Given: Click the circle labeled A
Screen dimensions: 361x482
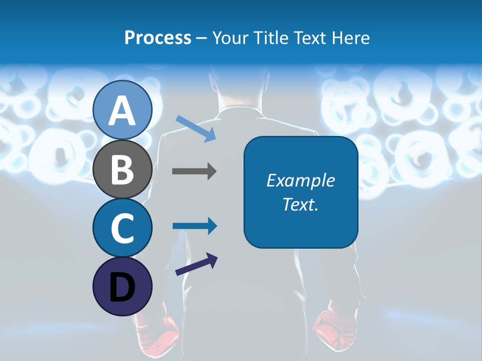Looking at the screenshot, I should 122,110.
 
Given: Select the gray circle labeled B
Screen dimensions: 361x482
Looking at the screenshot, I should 122,169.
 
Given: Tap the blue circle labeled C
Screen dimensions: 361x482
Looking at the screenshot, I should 122,228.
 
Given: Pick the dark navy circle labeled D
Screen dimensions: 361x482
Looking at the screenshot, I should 122,286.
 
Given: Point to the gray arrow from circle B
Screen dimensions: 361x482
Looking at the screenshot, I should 194,171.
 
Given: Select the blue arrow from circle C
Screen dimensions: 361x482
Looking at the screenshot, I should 194,226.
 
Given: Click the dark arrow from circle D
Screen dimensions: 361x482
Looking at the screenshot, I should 196,264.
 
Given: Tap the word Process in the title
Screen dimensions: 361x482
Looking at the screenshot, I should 158,38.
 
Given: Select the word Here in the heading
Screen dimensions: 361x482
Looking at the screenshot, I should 350,38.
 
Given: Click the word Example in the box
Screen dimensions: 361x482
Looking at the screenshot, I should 300,180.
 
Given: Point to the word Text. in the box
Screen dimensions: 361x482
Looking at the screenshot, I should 300,204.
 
